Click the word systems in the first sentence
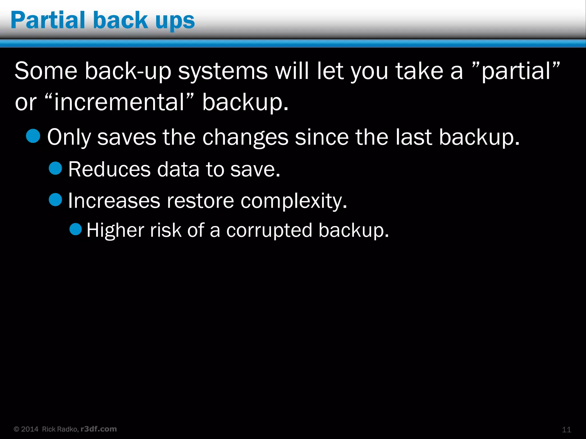pyautogui.click(x=223, y=71)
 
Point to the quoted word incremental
pyautogui.click(x=119, y=102)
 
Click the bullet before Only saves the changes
pyautogui.click(x=33, y=136)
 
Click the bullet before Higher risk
pyautogui.click(x=76, y=229)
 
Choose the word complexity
pyautogui.click(x=294, y=201)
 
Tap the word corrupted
pyautogui.click(x=269, y=230)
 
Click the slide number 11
pyautogui.click(x=566, y=430)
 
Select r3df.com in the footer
pyautogui.click(x=99, y=429)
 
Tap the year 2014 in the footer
pyautogui.click(x=29, y=429)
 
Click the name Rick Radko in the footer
pyautogui.click(x=60, y=429)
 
